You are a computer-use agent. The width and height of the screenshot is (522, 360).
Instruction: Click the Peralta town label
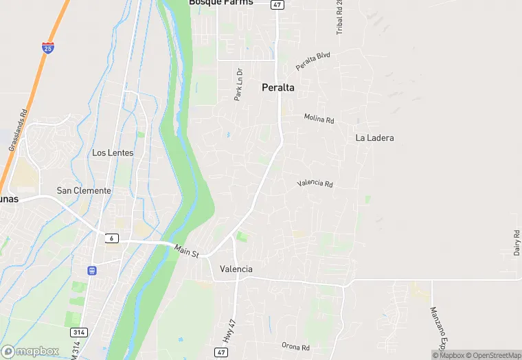(x=278, y=88)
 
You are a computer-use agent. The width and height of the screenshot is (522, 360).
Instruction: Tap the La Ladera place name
(x=374, y=137)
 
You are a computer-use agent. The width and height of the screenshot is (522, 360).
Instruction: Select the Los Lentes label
(x=113, y=153)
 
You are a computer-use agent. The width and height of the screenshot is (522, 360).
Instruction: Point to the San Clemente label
(x=83, y=190)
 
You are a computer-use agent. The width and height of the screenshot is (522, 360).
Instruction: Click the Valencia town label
(x=236, y=269)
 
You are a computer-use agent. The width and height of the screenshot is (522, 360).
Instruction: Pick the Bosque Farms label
(x=221, y=3)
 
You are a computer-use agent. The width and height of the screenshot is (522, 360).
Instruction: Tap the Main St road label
(x=186, y=252)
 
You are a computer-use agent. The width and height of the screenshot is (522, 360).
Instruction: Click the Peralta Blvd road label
(x=313, y=60)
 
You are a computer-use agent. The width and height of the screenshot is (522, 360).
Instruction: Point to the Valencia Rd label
(x=315, y=183)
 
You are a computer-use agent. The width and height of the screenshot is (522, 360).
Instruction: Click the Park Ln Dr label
(x=238, y=85)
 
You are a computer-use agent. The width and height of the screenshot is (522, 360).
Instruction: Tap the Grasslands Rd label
(x=18, y=130)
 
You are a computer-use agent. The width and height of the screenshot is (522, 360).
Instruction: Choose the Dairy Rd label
(x=517, y=243)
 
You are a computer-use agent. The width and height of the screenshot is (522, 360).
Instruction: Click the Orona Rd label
(x=296, y=346)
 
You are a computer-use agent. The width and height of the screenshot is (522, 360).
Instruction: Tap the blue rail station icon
(x=92, y=270)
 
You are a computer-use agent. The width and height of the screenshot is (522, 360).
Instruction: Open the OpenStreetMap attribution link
(x=496, y=355)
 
